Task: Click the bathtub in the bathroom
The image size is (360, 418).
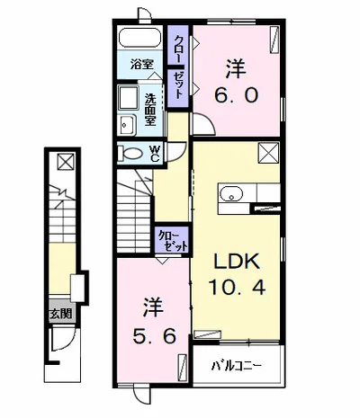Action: pyautogui.click(x=139, y=38)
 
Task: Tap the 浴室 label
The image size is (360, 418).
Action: pyautogui.click(x=141, y=64)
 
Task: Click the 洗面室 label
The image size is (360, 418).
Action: pyautogui.click(x=150, y=110)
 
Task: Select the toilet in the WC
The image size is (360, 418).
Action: pyautogui.click(x=130, y=154)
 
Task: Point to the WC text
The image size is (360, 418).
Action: pyautogui.click(x=154, y=154)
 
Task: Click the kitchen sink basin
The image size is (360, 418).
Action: pyautogui.click(x=231, y=193)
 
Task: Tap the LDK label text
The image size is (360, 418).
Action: pyautogui.click(x=236, y=261)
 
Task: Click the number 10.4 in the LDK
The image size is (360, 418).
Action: pyautogui.click(x=237, y=287)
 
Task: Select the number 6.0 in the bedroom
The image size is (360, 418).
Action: pyautogui.click(x=236, y=95)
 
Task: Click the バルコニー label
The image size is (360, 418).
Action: pyautogui.click(x=237, y=366)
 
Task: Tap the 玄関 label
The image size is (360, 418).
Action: pyautogui.click(x=61, y=314)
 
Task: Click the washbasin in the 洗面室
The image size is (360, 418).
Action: pyautogui.click(x=127, y=125)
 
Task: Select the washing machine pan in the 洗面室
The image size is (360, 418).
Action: pyautogui.click(x=129, y=98)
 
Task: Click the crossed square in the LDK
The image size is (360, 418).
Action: pyautogui.click(x=268, y=153)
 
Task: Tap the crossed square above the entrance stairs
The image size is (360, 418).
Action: pyautogui.click(x=66, y=162)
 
